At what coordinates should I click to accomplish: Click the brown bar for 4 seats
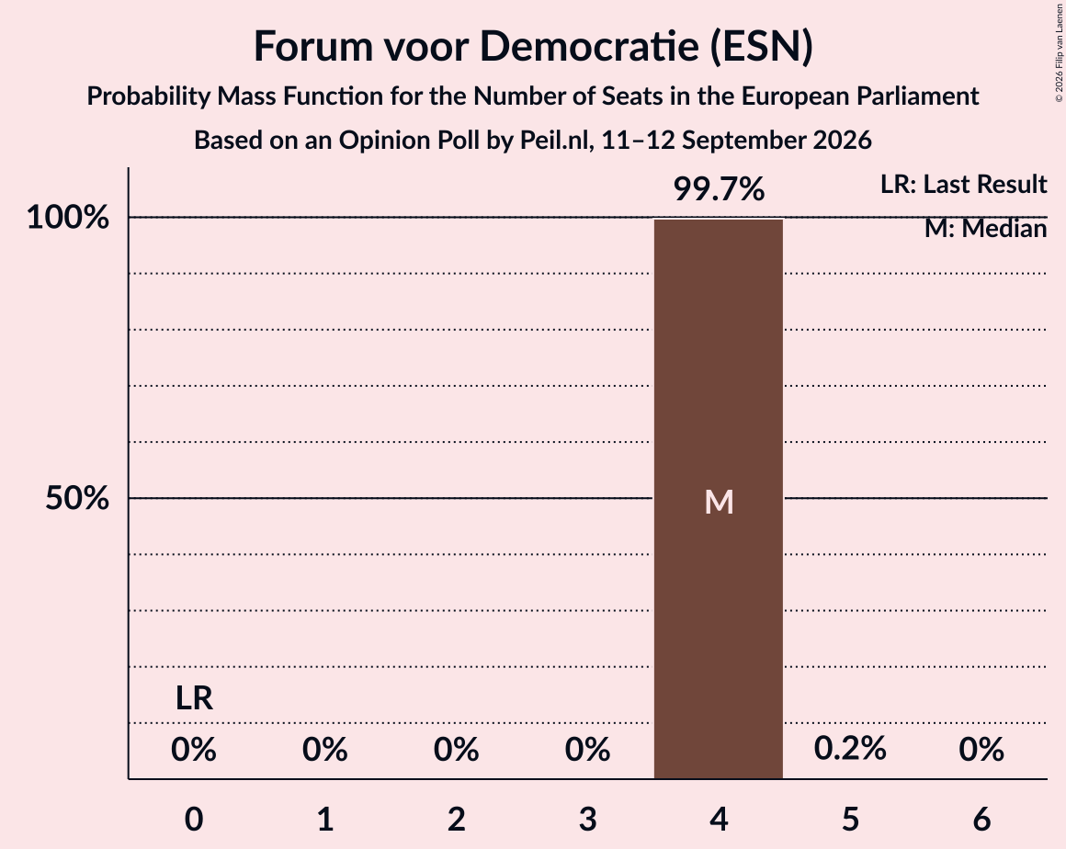[x=718, y=499]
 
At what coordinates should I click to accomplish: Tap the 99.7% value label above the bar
[x=719, y=189]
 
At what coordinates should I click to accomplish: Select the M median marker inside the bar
[x=719, y=503]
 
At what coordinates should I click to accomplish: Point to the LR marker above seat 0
[x=194, y=698]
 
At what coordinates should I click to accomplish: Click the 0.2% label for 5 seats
[x=850, y=749]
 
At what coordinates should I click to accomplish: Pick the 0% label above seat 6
[x=981, y=749]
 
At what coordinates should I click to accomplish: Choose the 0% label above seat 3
[x=587, y=749]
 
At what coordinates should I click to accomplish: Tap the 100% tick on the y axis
[x=68, y=218]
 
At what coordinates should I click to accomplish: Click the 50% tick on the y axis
[x=77, y=498]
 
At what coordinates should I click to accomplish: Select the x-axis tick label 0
[x=194, y=819]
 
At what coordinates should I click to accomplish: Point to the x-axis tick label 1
[x=325, y=819]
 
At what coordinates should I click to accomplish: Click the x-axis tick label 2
[x=456, y=819]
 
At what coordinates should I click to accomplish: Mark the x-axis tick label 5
[x=850, y=819]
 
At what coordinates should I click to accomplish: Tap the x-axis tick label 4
[x=720, y=819]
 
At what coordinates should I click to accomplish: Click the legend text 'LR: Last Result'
[x=963, y=184]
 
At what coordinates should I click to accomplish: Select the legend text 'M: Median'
[x=985, y=229]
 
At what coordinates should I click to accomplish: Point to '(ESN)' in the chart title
[x=762, y=46]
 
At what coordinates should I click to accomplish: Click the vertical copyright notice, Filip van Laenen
[x=1059, y=52]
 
